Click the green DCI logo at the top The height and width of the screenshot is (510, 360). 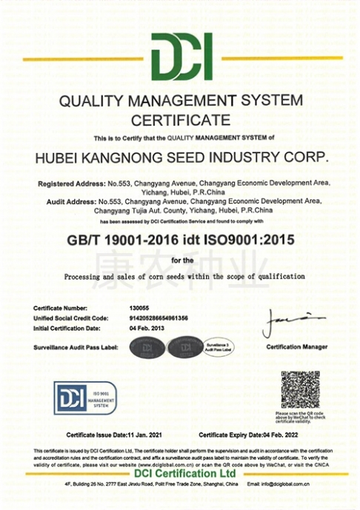(x=181, y=58)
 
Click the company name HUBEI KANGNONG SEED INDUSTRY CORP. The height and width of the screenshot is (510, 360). (x=181, y=158)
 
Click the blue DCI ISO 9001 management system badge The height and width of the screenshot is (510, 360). (x=84, y=398)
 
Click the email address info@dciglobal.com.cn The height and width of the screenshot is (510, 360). (x=300, y=484)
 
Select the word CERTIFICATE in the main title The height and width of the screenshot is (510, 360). (x=181, y=118)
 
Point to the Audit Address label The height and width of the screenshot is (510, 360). (x=65, y=200)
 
